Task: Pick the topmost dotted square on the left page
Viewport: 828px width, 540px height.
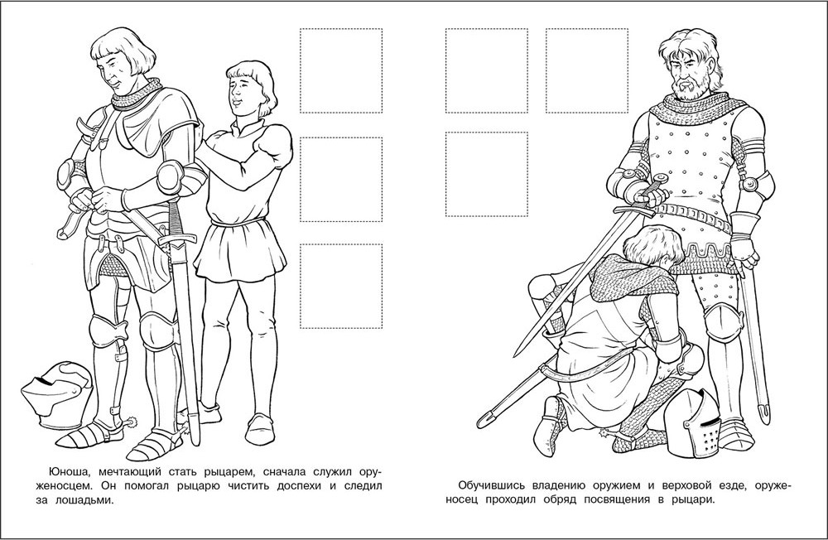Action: pyautogui.click(x=341, y=70)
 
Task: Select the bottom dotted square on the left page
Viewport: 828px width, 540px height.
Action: pyautogui.click(x=341, y=286)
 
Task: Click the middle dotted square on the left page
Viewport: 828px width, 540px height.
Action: pyautogui.click(x=341, y=179)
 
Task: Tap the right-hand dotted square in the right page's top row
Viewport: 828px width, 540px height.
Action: pyautogui.click(x=588, y=70)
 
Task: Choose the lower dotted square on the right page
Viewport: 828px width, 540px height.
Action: pyautogui.click(x=487, y=175)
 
